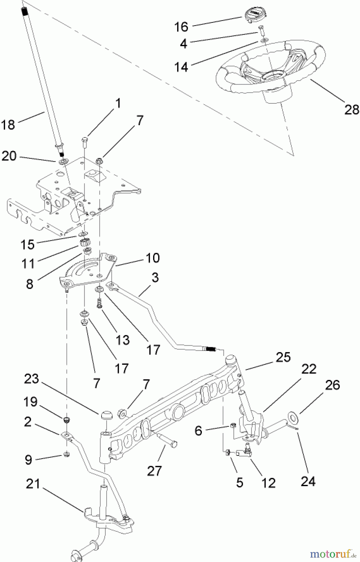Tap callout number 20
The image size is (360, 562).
point(9,156)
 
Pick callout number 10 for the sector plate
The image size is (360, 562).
point(152,258)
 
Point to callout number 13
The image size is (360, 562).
point(122,339)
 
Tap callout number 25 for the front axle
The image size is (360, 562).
point(283,357)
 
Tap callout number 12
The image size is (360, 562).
point(268,483)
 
